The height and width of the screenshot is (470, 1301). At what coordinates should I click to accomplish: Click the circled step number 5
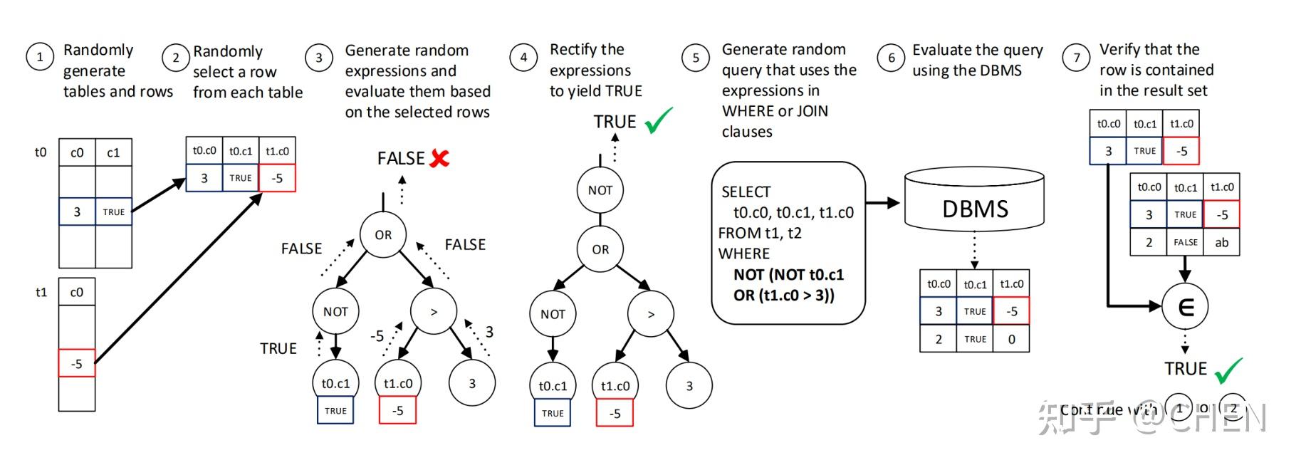(x=695, y=58)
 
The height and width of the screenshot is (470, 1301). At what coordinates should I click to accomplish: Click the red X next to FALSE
(x=440, y=158)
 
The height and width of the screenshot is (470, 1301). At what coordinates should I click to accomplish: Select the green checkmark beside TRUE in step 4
(x=659, y=120)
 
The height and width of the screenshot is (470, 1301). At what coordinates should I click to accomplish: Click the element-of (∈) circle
(x=1185, y=306)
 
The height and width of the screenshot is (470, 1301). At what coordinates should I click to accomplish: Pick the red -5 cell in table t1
(x=76, y=363)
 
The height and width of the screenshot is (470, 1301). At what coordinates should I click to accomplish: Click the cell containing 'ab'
(x=1221, y=242)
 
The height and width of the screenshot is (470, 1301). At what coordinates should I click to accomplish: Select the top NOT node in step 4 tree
(x=600, y=190)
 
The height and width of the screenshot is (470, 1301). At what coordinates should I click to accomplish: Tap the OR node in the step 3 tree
(x=383, y=235)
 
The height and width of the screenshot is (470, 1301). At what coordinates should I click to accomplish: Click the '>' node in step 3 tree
(x=434, y=311)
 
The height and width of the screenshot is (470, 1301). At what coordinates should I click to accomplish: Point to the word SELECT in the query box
(x=746, y=192)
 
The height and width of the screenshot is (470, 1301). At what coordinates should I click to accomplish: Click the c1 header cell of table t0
(x=113, y=152)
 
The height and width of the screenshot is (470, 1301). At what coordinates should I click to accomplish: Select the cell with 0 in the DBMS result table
(x=1011, y=339)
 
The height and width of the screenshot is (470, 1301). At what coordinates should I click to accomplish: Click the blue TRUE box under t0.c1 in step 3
(x=335, y=410)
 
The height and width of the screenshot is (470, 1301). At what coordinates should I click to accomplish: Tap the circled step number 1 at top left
(x=40, y=57)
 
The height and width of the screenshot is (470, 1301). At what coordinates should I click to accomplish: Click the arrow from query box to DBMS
(x=883, y=203)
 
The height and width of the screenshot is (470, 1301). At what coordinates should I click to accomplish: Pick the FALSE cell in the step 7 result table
(x=1185, y=242)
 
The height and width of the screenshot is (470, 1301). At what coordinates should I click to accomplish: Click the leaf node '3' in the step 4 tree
(x=689, y=386)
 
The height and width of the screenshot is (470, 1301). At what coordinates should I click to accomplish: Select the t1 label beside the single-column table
(x=41, y=292)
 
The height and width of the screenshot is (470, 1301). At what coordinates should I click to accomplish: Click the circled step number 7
(x=1075, y=58)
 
